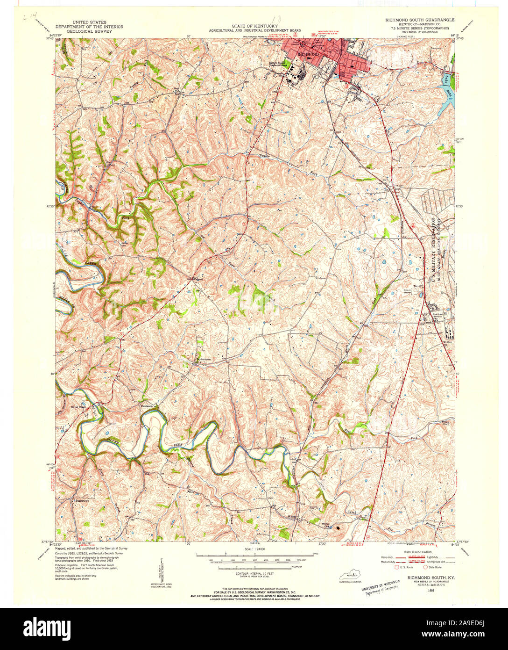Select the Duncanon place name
[148, 406]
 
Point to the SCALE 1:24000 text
[254, 548]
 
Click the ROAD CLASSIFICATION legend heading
[417, 552]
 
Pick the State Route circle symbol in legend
[425, 567]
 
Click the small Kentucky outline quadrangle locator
[353, 576]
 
